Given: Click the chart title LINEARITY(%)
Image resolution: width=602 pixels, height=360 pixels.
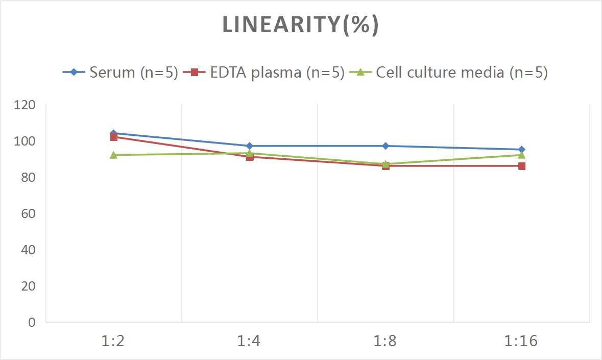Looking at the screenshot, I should click(300, 25).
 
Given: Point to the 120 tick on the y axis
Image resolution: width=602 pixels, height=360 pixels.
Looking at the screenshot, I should click(26, 105).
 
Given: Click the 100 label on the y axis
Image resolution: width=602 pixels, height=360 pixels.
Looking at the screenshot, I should click(26, 141).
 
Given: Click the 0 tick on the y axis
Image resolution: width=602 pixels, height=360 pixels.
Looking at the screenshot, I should click(32, 322).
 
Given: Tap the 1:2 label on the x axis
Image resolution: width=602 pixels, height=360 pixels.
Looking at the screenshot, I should click(113, 341).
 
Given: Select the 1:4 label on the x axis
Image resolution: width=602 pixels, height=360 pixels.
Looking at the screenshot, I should click(249, 341).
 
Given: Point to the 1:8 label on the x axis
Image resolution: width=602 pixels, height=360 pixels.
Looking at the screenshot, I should click(386, 341).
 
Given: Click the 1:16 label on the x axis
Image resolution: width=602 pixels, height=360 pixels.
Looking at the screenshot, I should click(521, 341).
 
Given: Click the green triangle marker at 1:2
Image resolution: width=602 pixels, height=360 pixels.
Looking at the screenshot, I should click(113, 155).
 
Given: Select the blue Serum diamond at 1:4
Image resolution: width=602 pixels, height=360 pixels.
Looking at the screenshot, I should click(250, 146).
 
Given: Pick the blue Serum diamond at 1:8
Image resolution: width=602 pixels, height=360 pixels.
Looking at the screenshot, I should click(386, 146).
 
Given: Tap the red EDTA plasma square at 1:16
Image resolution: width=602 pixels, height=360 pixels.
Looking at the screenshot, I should click(522, 166).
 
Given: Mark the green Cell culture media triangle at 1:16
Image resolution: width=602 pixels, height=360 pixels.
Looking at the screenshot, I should click(522, 155).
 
